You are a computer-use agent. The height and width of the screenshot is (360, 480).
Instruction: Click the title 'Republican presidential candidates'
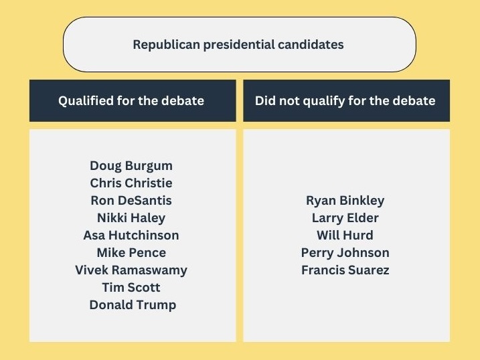click(238, 45)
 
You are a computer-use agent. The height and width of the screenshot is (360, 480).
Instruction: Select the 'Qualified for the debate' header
click(131, 101)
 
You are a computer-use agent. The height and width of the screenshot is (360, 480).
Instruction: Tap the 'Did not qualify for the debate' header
click(345, 101)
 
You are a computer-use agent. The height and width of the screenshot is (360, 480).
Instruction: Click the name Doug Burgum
click(131, 165)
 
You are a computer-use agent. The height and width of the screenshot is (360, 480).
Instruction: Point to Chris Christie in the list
click(131, 183)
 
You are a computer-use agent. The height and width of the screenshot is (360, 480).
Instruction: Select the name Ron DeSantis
click(131, 200)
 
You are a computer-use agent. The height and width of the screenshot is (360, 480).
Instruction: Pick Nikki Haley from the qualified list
click(131, 217)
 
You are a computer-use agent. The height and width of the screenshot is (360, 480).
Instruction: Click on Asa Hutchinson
click(131, 235)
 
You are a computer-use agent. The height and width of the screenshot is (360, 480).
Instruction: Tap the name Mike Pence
click(131, 252)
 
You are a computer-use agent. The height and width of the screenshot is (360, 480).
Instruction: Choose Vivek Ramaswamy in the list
click(131, 270)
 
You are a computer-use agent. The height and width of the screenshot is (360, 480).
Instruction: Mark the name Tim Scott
click(131, 287)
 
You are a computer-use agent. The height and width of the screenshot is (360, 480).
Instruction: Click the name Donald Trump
click(133, 304)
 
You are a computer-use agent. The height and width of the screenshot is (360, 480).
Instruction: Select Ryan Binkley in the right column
click(345, 200)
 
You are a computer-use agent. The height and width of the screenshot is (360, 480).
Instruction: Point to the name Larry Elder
click(345, 217)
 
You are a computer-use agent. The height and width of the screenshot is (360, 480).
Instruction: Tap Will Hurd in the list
click(345, 235)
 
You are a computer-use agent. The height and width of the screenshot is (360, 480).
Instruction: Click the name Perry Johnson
click(345, 252)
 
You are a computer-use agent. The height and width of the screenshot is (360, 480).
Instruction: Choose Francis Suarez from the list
click(345, 270)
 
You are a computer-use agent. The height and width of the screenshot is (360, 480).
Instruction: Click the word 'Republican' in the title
click(162, 45)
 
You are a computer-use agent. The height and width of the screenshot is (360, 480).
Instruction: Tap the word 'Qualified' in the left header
click(85, 101)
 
